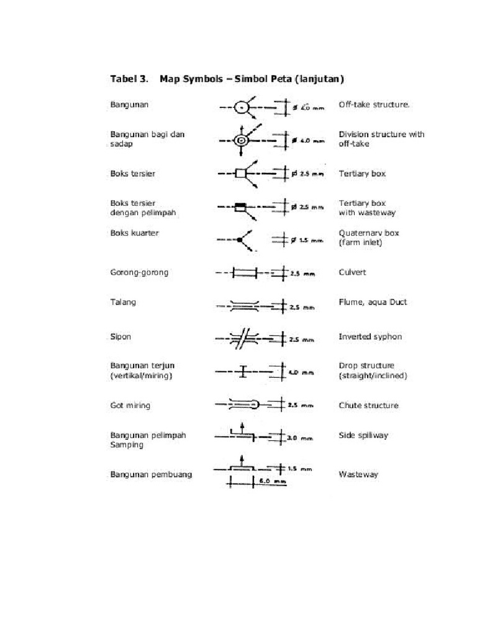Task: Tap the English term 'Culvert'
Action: [352, 272]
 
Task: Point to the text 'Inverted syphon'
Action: [370, 337]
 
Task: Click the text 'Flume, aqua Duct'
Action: [373, 303]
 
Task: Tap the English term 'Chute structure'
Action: [368, 406]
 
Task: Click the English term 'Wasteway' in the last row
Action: [358, 475]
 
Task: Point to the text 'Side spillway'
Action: [363, 435]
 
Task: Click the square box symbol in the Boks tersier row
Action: [240, 174]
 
